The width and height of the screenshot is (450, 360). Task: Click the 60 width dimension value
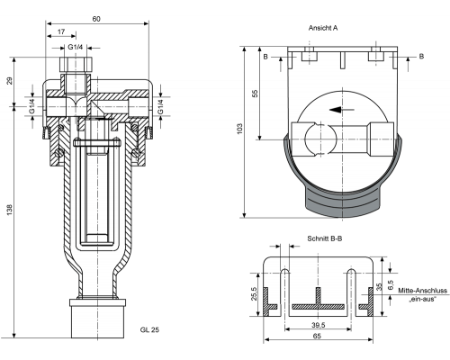tap(96, 19)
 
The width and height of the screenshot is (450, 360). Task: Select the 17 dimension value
tap(61, 31)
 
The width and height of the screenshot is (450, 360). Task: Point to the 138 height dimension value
tap(10, 210)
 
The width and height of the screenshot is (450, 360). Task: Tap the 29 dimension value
tap(10, 81)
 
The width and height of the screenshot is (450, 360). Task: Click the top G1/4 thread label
tap(75, 47)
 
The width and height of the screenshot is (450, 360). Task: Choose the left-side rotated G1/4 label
tap(31, 106)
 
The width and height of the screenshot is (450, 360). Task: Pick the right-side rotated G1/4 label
tap(161, 106)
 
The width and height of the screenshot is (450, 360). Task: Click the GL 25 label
tap(149, 329)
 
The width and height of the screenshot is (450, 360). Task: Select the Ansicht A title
tap(323, 28)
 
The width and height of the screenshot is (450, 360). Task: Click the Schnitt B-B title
tap(325, 238)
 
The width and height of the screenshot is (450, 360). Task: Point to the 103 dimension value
tap(239, 129)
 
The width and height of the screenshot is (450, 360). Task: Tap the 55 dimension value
tap(255, 94)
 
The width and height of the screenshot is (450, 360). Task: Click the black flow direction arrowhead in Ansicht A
tap(336, 110)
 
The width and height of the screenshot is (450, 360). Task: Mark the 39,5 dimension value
tap(318, 325)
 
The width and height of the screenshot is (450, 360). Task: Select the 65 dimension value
tap(317, 336)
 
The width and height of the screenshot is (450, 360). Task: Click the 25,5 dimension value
tap(254, 293)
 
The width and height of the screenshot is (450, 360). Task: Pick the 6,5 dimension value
tap(391, 284)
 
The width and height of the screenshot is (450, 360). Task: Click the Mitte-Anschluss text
tap(422, 291)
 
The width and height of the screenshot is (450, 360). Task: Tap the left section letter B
tap(265, 57)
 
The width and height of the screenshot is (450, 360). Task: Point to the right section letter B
tap(421, 56)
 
